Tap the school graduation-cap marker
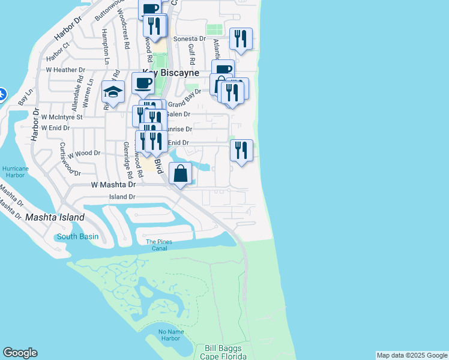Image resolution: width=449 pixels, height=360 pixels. coord(113,92)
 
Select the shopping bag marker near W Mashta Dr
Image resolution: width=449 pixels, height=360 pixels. coord(181,174)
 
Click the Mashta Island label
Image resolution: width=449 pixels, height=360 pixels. coord(55,217)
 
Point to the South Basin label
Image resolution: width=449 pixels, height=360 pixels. coord(77,236)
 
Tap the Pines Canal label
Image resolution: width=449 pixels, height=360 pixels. coord(159,245)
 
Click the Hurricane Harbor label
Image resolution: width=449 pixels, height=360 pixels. coord(14,172)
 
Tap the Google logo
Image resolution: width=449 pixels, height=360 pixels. coord(20,353)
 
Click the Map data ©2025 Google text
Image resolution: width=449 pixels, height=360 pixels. coord(412,355)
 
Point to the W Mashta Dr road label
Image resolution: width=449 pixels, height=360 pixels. coord(113,186)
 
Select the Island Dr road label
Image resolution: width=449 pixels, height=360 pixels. coord(122,197)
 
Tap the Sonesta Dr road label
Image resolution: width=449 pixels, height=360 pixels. coord(189,38)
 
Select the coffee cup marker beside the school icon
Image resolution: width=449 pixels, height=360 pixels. coord(143,83)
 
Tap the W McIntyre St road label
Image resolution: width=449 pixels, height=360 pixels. coord(62,117)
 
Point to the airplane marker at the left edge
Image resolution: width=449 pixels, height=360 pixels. coord(2,94)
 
